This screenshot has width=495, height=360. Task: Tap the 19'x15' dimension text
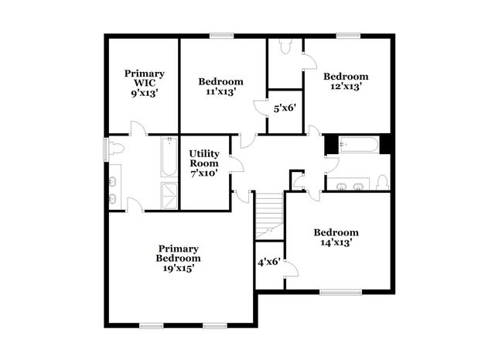click(x=178, y=269)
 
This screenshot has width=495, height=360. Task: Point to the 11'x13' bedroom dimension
click(x=220, y=91)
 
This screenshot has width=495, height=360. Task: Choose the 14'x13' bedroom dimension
click(x=336, y=242)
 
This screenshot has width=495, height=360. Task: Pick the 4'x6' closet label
click(x=268, y=262)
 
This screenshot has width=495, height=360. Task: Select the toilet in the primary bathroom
click(x=116, y=149)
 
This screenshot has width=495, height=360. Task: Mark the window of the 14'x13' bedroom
click(x=340, y=292)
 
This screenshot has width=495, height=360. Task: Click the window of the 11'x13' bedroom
click(x=222, y=34)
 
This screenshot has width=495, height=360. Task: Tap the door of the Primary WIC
click(x=138, y=129)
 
